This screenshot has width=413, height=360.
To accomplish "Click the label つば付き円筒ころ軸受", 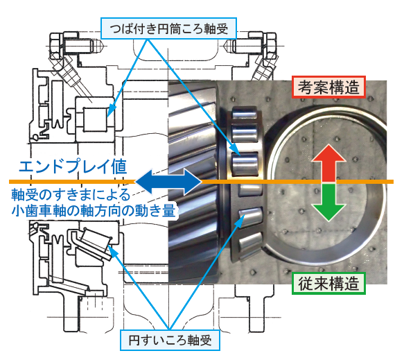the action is (x=168, y=28).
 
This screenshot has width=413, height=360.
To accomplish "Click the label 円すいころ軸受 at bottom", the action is (x=170, y=340).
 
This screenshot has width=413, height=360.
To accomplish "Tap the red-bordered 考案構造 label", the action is (x=328, y=87).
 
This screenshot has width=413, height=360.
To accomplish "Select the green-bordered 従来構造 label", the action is (x=328, y=283).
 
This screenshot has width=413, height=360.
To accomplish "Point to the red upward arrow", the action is (x=328, y=163).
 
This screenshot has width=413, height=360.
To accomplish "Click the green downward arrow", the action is (x=328, y=202).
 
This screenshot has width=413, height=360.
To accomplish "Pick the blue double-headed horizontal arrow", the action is (x=168, y=182).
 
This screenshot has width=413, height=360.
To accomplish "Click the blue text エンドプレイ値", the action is (x=73, y=166).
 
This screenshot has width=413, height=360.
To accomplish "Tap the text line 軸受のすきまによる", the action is (x=71, y=195).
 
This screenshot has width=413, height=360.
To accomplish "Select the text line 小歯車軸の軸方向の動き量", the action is (x=94, y=210).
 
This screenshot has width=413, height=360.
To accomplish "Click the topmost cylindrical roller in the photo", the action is (x=244, y=114).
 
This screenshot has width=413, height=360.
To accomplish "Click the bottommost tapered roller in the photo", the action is (x=250, y=244).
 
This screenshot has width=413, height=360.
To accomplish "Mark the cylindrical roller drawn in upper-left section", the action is (x=95, y=119).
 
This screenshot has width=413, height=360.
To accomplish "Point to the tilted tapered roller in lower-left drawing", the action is (x=94, y=239).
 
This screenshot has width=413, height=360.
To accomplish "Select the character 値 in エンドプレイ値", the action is (x=119, y=166).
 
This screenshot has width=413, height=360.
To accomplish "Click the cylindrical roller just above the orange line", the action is (x=245, y=164).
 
